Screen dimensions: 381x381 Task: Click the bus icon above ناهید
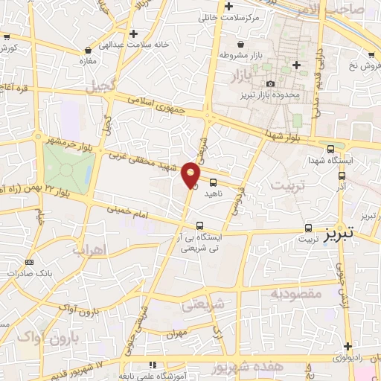coord(214,182)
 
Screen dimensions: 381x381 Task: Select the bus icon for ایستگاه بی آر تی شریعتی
coord(199,225)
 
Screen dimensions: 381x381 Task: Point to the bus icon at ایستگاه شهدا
coord(330,148)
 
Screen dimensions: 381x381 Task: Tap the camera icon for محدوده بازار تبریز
coord(270,83)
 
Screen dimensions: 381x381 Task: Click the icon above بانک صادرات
coord(30,262)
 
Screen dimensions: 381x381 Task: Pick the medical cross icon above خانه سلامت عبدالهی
coord(133,33)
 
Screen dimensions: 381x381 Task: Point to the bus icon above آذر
coord(342,176)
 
